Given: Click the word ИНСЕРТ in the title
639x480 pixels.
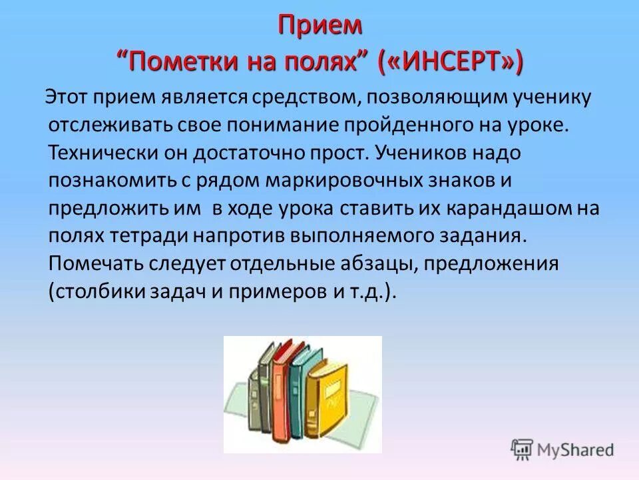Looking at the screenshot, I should click(451, 63).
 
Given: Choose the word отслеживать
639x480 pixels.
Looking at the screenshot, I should click(101, 125).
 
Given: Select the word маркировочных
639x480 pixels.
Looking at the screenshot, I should click(362, 180).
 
